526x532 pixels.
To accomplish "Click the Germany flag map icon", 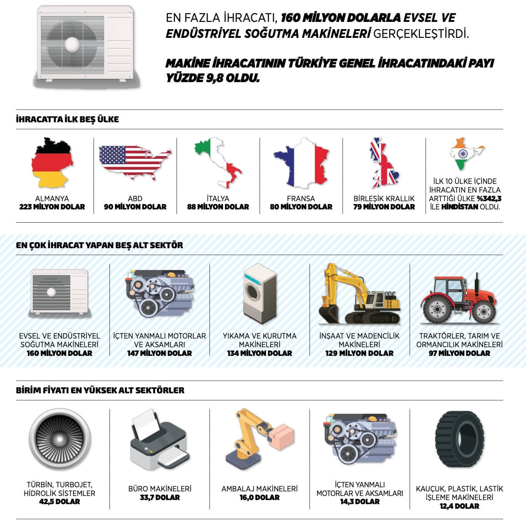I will pos(52,163).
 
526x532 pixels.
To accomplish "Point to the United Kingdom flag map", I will pos(384,163).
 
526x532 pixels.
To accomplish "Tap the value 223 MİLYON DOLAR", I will pos(52,207).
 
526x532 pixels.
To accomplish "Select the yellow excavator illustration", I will pos(359,294).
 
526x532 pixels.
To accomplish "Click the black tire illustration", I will pos(459,439).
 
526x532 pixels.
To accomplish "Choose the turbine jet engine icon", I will pos(59,439).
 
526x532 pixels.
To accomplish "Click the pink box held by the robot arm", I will pos(281,433).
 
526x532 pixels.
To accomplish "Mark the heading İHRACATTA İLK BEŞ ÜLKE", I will pos(68,120).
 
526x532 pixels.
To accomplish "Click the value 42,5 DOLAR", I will pos(59,502).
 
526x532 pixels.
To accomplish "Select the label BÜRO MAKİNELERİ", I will pos(160,489).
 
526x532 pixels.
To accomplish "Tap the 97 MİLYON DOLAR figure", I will pos(459,353).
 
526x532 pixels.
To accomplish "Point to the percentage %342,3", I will pos(489,198).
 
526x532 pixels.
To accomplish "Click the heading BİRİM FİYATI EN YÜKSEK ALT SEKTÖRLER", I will pos(100,391).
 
